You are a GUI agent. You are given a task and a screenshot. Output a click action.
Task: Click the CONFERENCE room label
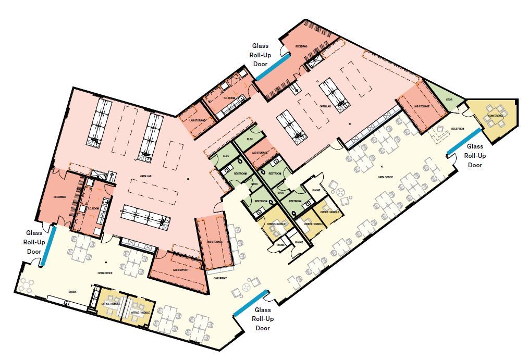[x=496, y=115]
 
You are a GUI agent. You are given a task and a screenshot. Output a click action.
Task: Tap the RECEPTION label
[x=458, y=128]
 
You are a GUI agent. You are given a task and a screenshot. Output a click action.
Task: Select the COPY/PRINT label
[x=220, y=278]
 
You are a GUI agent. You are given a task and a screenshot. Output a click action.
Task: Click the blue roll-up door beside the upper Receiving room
[x=272, y=67]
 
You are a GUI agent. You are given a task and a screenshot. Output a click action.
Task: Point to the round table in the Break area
[x=26, y=285]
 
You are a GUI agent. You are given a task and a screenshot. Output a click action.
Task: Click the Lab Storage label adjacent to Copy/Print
[x=214, y=242]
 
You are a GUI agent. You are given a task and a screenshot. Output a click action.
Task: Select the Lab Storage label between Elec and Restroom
[x=259, y=153]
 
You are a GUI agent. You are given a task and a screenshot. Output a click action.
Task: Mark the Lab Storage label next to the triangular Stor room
[x=421, y=106]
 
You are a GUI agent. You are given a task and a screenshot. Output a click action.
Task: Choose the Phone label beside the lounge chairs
[x=316, y=191]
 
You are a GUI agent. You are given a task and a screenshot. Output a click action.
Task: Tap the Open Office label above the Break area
[x=105, y=272]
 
